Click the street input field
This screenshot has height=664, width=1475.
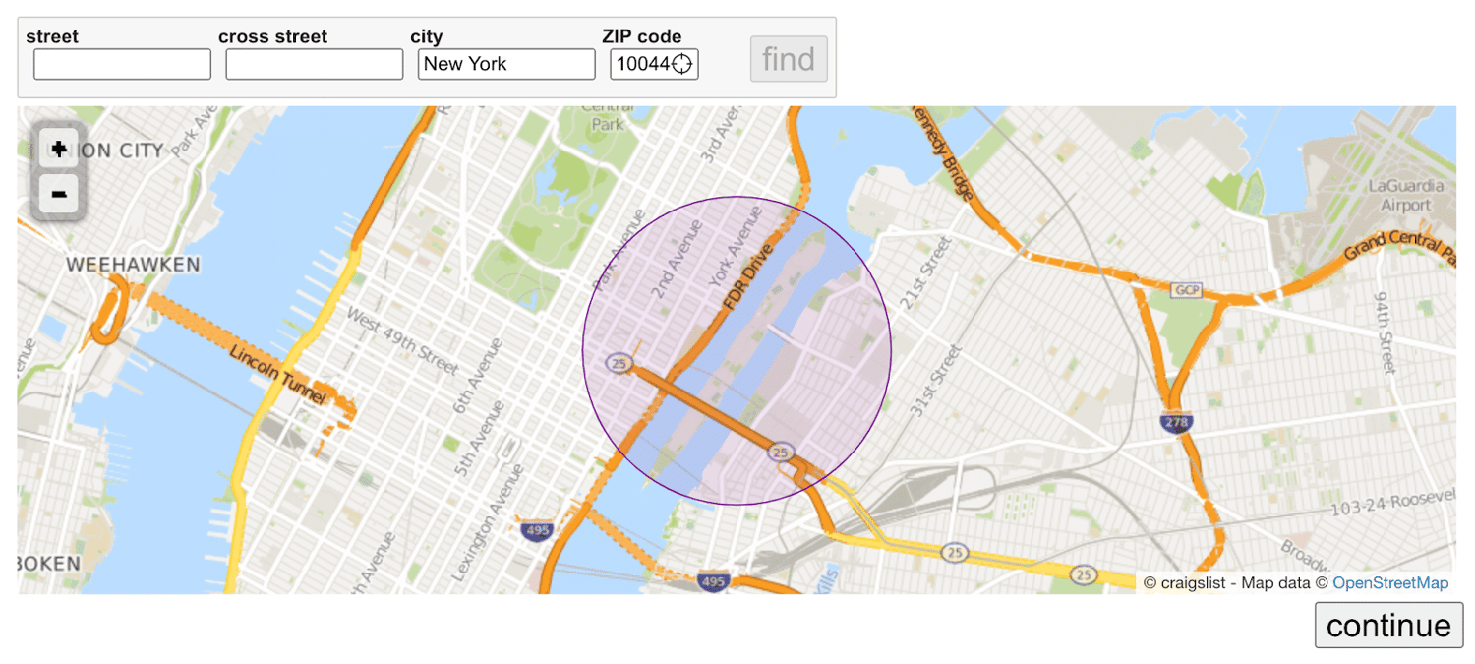122,64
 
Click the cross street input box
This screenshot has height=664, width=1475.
314,64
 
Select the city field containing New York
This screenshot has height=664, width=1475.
505,64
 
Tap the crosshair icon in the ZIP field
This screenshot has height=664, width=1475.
681,65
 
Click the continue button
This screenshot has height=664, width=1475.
1387,626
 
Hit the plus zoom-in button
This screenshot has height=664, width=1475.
59,150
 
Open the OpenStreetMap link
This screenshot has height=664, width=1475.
1389,583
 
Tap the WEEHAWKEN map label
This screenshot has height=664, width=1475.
133,265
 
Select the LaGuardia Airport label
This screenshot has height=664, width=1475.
1405,195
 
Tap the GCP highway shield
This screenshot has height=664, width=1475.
1186,290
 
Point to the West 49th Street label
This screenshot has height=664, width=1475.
402,339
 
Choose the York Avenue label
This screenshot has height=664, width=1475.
729,253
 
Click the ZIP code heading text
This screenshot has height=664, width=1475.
641,36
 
